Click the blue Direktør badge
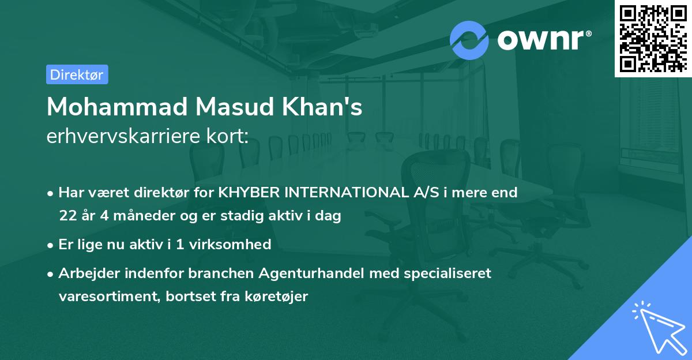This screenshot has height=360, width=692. (x=77, y=74)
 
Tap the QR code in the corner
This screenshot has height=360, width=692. (x=653, y=38)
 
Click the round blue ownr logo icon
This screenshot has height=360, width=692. (x=469, y=40)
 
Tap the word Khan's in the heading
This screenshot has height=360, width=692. (x=328, y=107)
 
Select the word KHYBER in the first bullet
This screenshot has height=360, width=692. (x=249, y=192)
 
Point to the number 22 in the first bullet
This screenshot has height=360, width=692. (x=67, y=216)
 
